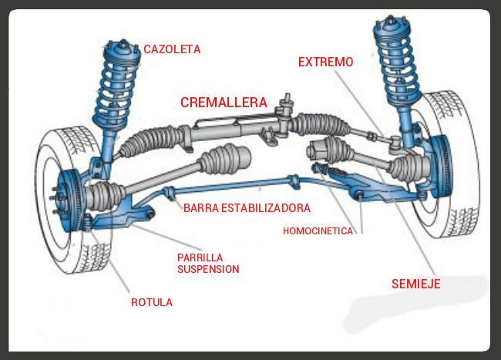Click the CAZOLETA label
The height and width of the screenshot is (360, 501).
pos(172,49)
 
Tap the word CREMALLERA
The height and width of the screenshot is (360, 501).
pos(224,102)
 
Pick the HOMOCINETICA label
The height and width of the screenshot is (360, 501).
pos(318,230)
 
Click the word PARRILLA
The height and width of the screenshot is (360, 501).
pos(200,257)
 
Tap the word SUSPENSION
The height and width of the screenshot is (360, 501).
pos(208,269)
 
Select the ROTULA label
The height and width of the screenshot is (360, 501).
pos(150,303)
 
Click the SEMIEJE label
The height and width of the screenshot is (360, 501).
pos(415,284)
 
